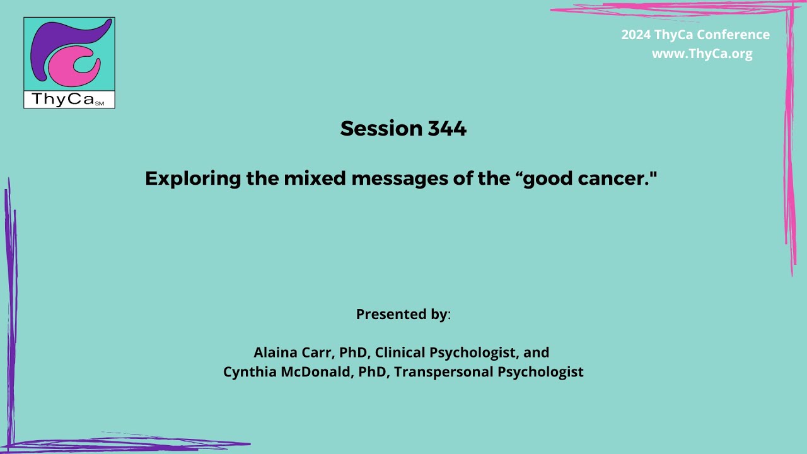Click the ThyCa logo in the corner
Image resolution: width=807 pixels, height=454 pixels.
click(69, 62)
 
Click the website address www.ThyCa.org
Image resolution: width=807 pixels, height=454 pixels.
click(702, 54)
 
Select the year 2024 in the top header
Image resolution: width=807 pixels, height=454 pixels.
click(636, 35)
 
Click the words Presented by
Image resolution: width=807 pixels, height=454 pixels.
click(402, 314)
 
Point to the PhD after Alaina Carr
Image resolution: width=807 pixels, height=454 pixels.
click(352, 352)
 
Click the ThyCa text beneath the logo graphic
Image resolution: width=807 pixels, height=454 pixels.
click(63, 100)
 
